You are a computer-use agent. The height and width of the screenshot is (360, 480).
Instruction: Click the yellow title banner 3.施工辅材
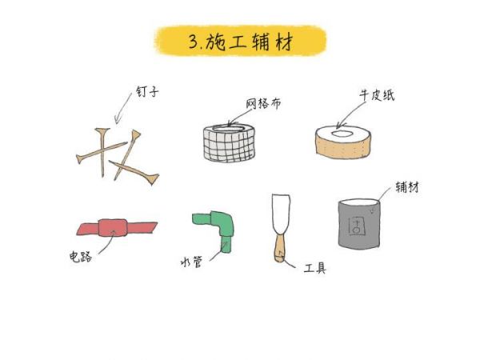[x=241, y=41]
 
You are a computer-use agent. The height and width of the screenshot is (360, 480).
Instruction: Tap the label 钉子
[x=147, y=92]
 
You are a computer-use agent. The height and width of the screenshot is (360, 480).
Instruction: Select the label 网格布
[x=263, y=103]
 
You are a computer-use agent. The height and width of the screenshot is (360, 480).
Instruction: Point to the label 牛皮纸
[x=377, y=95]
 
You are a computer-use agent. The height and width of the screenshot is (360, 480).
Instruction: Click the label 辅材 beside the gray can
[x=407, y=186]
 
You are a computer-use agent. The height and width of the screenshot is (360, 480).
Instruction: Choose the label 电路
[x=81, y=257]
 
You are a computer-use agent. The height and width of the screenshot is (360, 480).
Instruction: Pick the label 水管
[x=191, y=262]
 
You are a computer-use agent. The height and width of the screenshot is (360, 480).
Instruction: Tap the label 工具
[x=314, y=268]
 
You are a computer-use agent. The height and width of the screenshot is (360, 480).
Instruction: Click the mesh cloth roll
[x=229, y=142]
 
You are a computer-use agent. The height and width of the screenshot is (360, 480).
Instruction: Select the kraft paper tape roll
[x=343, y=142]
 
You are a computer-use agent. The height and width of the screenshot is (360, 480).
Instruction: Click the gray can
[x=359, y=224]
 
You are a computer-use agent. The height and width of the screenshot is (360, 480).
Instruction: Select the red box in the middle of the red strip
[x=113, y=227]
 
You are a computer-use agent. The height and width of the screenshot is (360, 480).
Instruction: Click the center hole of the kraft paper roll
[x=342, y=134]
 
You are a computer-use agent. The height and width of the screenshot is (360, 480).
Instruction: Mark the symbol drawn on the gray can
[x=357, y=226]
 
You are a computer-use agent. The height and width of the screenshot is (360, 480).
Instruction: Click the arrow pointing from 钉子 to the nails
[x=122, y=108]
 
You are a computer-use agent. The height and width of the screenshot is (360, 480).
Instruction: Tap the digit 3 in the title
[x=194, y=42]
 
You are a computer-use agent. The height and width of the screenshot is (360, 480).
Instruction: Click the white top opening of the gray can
[x=359, y=202]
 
